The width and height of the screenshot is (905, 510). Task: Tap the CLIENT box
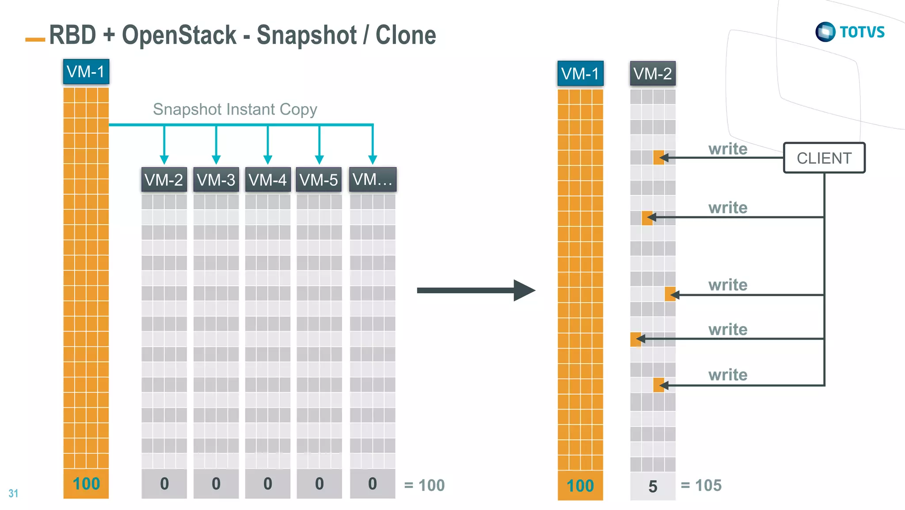click(x=824, y=158)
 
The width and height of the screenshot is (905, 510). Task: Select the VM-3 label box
click(x=216, y=180)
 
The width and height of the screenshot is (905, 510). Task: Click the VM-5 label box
click(x=319, y=180)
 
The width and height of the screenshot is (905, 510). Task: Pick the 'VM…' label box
click(x=373, y=180)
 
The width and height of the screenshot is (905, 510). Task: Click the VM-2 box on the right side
click(x=652, y=73)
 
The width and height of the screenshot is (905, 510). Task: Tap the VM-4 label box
click(x=267, y=180)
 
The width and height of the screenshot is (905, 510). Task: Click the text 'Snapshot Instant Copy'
click(x=235, y=109)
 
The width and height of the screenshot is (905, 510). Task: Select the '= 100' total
click(x=424, y=486)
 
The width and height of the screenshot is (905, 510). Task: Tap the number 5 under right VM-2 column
click(x=653, y=487)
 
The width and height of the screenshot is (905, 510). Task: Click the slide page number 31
click(x=13, y=493)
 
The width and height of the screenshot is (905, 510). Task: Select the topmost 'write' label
click(x=727, y=149)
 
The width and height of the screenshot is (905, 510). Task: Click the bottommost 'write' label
click(x=727, y=375)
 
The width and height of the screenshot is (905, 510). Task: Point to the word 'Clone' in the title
click(x=405, y=35)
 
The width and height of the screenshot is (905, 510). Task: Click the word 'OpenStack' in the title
click(x=179, y=35)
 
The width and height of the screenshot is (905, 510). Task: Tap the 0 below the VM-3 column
click(x=216, y=484)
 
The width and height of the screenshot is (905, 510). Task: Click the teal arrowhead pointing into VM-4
click(x=267, y=159)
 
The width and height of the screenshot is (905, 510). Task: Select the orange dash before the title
click(x=35, y=40)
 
